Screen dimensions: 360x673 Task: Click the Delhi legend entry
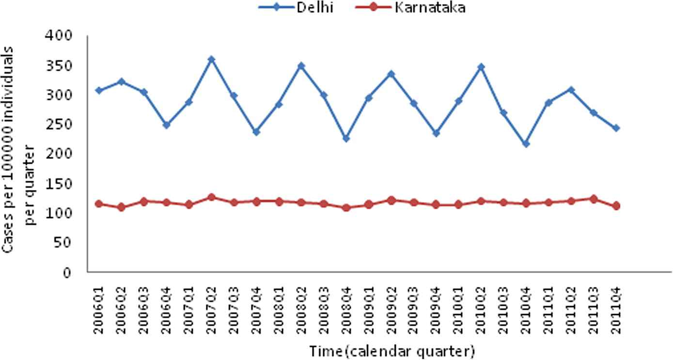(315, 7)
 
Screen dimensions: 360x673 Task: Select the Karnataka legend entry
(430, 7)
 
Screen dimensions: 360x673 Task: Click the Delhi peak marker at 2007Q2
(211, 59)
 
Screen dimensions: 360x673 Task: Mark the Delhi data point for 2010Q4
(526, 144)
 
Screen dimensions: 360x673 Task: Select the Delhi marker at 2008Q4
(346, 139)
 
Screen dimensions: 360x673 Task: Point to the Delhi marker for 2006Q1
(99, 91)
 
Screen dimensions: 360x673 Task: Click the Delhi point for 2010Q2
(481, 67)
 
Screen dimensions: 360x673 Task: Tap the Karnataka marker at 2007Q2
(211, 197)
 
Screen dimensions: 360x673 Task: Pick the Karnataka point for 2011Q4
(616, 206)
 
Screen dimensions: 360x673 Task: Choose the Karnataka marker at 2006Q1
(99, 204)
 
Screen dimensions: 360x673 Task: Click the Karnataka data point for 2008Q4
(346, 208)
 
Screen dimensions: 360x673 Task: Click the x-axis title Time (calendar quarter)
(391, 351)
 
